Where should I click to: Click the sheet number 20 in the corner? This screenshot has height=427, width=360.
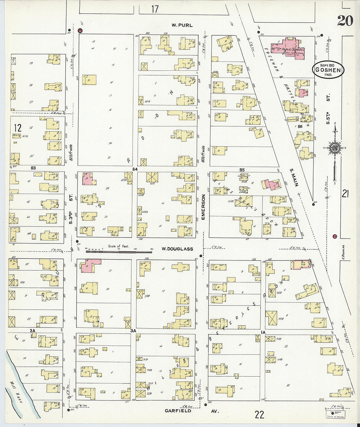pos(345,21)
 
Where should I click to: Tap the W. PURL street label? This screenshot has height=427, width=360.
pos(182,25)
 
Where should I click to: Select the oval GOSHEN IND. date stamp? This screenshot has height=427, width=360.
pos(328,70)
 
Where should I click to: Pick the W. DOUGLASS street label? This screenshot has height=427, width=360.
pos(177,249)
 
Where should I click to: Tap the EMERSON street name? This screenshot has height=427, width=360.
pos(203,207)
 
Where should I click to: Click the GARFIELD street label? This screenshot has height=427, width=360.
pos(178,411)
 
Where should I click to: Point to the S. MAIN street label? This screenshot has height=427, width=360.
pos(294,177)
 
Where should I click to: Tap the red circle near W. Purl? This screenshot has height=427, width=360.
pos(80,30)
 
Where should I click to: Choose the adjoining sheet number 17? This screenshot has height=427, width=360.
pos(155,9)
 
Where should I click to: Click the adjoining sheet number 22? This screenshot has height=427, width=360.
pos(259,415)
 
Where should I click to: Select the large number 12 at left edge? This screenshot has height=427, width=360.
pos(17,128)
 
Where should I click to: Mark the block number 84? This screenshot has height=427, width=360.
pos(135,169)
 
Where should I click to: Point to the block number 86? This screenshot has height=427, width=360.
pos(299,126)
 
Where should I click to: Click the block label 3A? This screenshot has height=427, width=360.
pos(133,331)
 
